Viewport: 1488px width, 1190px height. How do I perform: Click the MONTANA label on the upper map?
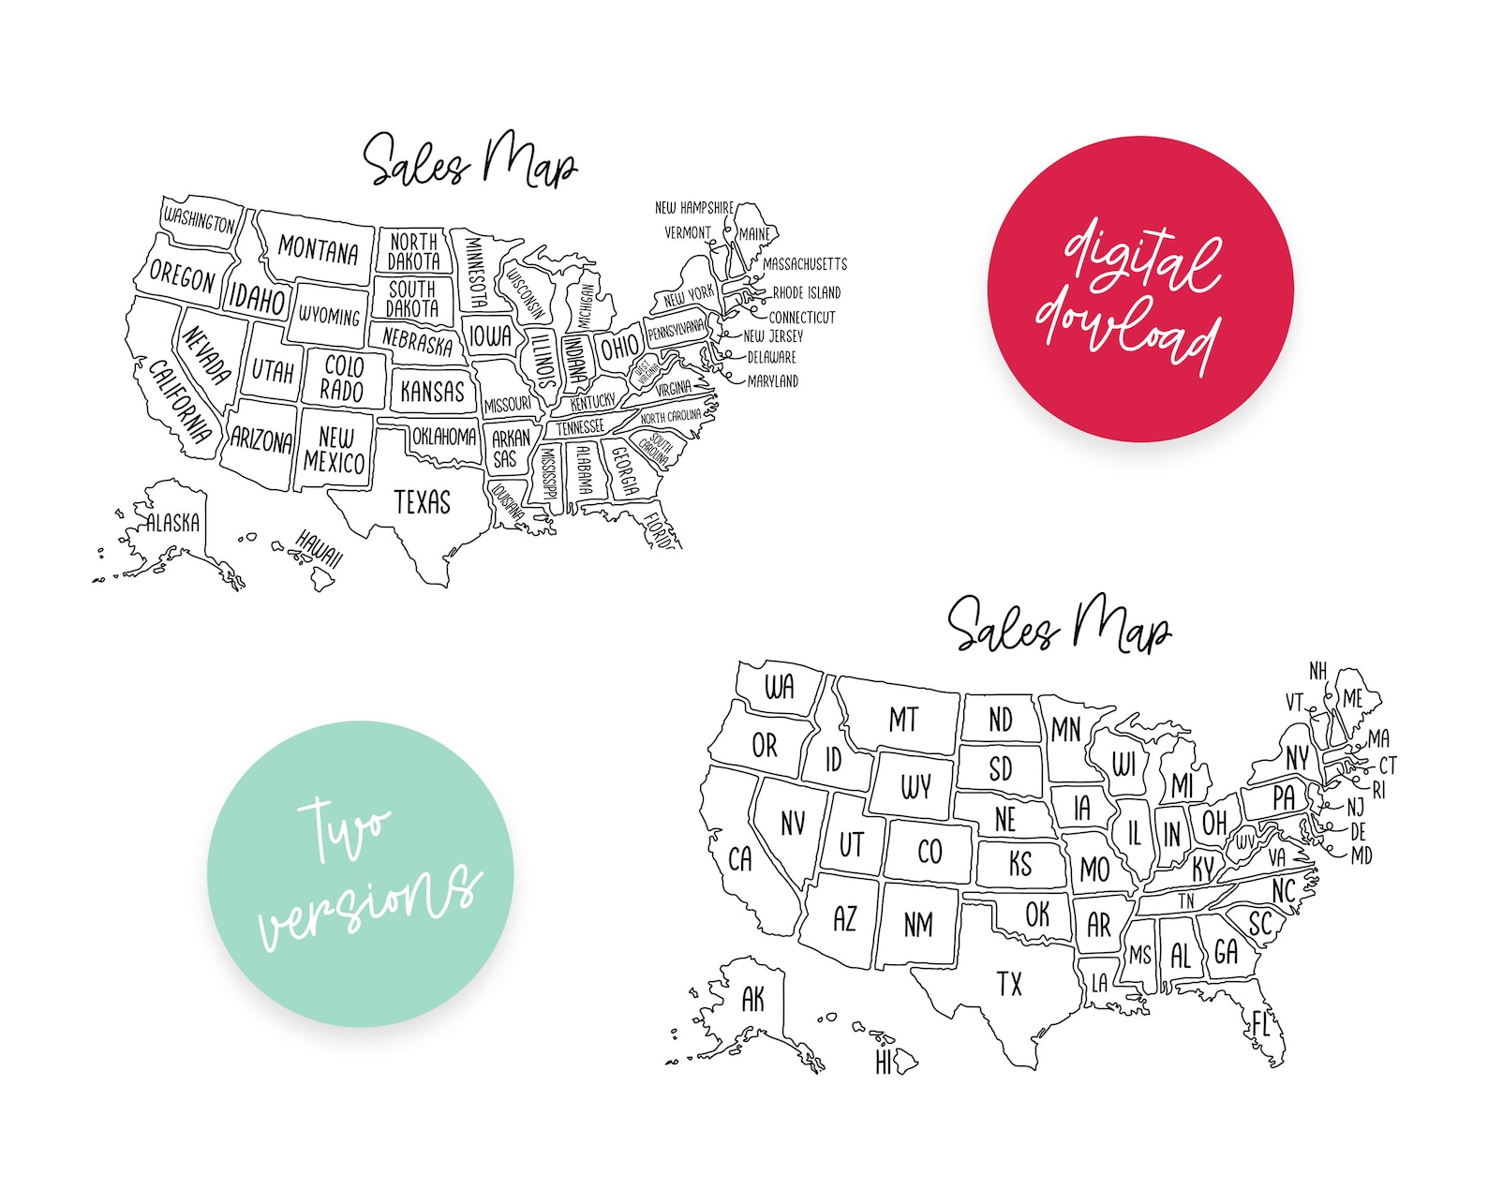pyautogui.click(x=319, y=250)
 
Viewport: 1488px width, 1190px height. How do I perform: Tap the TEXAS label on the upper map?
pyautogui.click(x=422, y=502)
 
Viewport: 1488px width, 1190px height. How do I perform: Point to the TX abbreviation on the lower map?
pyautogui.click(x=1009, y=984)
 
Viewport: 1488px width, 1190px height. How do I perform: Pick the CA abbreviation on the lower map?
pyautogui.click(x=740, y=858)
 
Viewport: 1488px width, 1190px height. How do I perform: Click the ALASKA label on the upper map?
pyautogui.click(x=173, y=523)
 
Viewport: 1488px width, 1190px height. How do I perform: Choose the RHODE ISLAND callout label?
pyautogui.click(x=806, y=292)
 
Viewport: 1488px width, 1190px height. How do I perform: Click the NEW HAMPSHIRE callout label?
pyautogui.click(x=693, y=207)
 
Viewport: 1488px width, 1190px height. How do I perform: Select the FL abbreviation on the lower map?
pyautogui.click(x=1260, y=1024)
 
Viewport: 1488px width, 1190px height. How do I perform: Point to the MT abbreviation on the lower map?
pyautogui.click(x=903, y=720)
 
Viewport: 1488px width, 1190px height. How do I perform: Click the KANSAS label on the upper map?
pyautogui.click(x=432, y=392)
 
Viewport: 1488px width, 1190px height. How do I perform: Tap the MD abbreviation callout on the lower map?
pyautogui.click(x=1362, y=855)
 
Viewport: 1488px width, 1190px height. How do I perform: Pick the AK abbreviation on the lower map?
pyautogui.click(x=752, y=999)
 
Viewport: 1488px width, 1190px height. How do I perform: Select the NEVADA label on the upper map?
pyautogui.click(x=206, y=356)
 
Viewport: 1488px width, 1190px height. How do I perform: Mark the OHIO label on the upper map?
pyautogui.click(x=619, y=349)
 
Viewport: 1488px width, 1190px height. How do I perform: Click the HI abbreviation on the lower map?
pyautogui.click(x=884, y=1062)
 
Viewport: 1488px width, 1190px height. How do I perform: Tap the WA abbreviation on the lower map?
pyautogui.click(x=779, y=687)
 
